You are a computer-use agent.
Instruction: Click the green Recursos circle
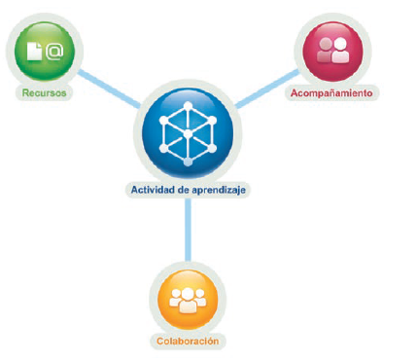45,51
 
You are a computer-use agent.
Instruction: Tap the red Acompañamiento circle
332,52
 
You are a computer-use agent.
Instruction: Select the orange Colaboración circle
188,299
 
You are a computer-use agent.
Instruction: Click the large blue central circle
188,133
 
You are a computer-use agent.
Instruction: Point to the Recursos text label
44,93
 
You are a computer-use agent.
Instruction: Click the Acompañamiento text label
331,93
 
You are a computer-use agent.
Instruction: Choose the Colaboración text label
188,342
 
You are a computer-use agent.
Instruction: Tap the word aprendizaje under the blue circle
219,191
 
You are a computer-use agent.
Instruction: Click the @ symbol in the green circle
54,52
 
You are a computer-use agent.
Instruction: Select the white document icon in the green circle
34,52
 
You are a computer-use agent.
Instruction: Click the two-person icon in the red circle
332,51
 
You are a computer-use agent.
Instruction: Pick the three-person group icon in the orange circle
188,300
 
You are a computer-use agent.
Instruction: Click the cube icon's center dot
188,133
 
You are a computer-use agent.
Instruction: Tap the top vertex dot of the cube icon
188,106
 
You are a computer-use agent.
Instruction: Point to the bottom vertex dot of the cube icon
188,162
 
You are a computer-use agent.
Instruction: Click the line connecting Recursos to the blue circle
109,88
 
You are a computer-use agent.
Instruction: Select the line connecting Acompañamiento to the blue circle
267,89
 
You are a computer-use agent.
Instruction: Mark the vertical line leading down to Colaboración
188,230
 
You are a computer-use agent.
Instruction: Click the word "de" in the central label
183,190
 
